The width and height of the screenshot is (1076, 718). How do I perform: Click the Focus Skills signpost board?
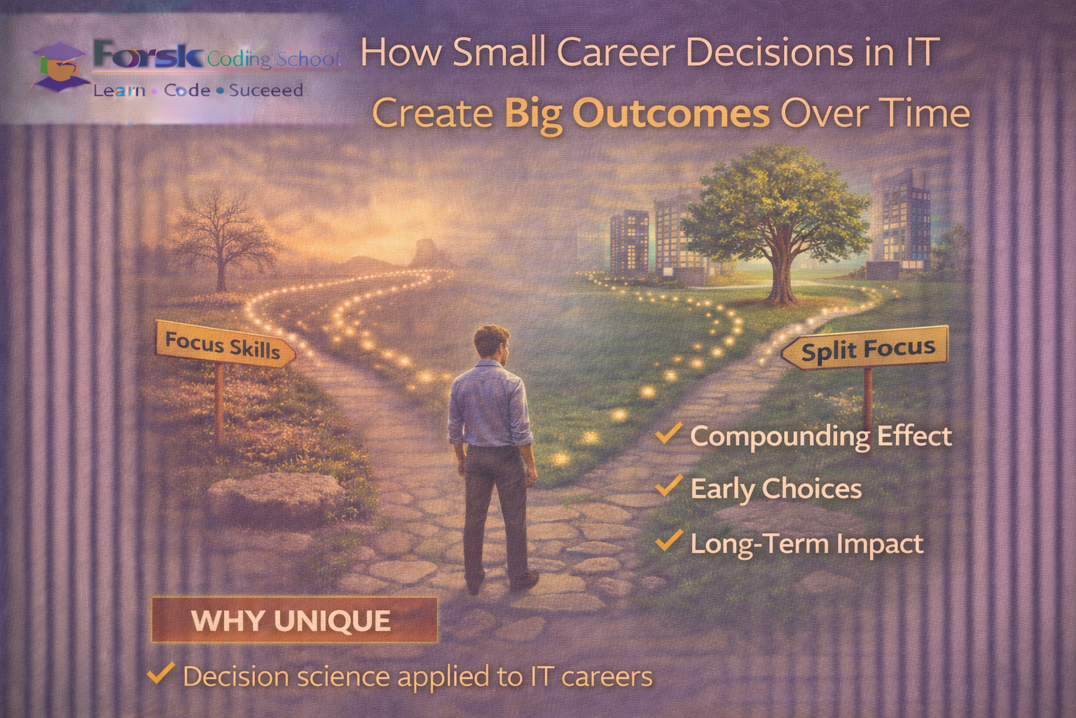tap(223, 345)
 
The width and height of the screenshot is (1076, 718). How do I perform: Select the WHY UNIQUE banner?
tap(294, 621)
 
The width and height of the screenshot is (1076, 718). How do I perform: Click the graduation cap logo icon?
tap(60, 67)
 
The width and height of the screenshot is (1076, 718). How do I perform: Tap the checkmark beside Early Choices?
tap(668, 486)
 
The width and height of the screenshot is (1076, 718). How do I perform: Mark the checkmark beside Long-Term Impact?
tap(668, 541)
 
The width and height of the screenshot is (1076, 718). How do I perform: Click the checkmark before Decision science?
tap(160, 674)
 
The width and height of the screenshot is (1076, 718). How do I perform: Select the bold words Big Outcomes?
tap(637, 114)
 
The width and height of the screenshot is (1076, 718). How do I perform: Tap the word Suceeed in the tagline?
tap(265, 90)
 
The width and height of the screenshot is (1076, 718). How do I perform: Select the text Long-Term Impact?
tap(806, 544)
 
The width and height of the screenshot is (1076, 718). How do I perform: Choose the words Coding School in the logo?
tap(273, 59)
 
